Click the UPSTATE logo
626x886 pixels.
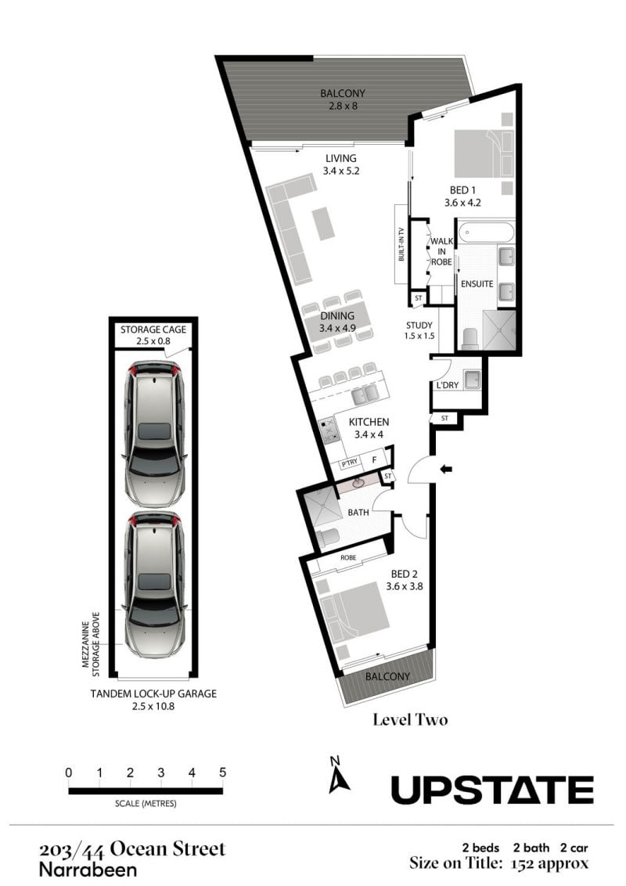(492, 790)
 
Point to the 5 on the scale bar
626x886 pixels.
(222, 773)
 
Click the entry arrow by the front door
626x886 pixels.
(446, 468)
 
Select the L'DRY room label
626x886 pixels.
(448, 385)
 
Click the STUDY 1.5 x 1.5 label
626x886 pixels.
(419, 330)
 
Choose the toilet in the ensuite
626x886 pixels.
(470, 338)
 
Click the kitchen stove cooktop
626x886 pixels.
(328, 430)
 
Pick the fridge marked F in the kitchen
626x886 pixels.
(373, 460)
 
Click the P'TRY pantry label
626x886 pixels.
(349, 463)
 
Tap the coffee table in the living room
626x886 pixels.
(322, 222)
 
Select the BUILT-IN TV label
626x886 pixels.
(401, 244)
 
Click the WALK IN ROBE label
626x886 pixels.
(441, 251)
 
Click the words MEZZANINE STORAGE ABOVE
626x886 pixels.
(91, 644)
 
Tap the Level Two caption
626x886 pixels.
(410, 719)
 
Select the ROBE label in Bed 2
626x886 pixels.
(348, 558)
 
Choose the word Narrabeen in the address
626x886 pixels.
(88, 870)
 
